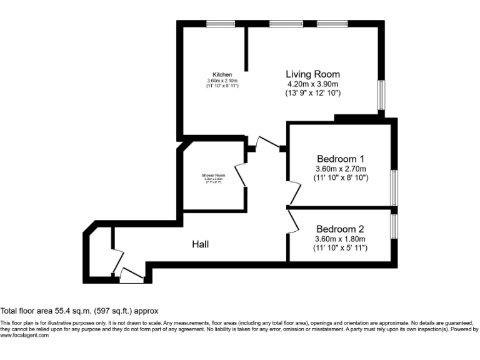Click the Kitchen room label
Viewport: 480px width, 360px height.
point(222,74)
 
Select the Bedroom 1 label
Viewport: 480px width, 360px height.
point(340,158)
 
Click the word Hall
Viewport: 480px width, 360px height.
point(200,244)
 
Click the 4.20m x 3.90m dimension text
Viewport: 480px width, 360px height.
point(312,84)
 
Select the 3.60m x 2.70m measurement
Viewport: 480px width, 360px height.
point(340,168)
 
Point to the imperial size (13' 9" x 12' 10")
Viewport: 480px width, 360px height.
point(312,93)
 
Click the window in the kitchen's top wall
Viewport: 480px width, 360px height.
point(221,24)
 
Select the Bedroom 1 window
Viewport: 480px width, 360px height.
point(394,187)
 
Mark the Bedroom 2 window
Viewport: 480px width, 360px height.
point(394,226)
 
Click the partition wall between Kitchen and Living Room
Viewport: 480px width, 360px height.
point(246,49)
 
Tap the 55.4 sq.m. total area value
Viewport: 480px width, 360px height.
point(64,311)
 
